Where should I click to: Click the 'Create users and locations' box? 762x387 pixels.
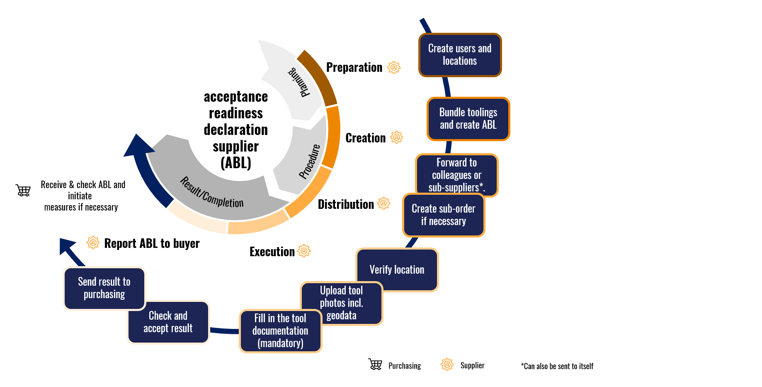coord(460,55)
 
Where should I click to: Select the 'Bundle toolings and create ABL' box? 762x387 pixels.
coord(468,119)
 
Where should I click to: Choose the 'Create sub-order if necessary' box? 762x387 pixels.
coord(443,215)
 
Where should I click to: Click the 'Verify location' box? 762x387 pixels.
coord(397,270)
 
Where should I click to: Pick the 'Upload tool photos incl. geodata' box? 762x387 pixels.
coord(341,303)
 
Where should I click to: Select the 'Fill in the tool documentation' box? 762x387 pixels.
coord(280,331)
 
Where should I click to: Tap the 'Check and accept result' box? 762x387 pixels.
coord(168,322)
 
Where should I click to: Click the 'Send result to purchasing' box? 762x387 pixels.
coord(104,288)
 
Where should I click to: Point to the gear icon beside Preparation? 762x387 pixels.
coord(394,67)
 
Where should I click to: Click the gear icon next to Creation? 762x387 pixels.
coord(397,137)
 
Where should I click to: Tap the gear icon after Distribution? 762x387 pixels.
coord(384,203)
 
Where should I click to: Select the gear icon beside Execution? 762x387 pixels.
coord(304,251)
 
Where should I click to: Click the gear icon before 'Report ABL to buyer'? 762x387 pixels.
coord(93,242)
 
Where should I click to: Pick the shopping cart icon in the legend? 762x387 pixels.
coord(375,364)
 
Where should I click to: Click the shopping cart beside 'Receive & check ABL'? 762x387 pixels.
coord(23,190)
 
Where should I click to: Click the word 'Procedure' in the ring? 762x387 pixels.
coord(310,162)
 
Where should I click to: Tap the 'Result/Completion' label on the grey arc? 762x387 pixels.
coord(211,193)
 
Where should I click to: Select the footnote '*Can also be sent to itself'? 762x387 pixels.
coord(557,366)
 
